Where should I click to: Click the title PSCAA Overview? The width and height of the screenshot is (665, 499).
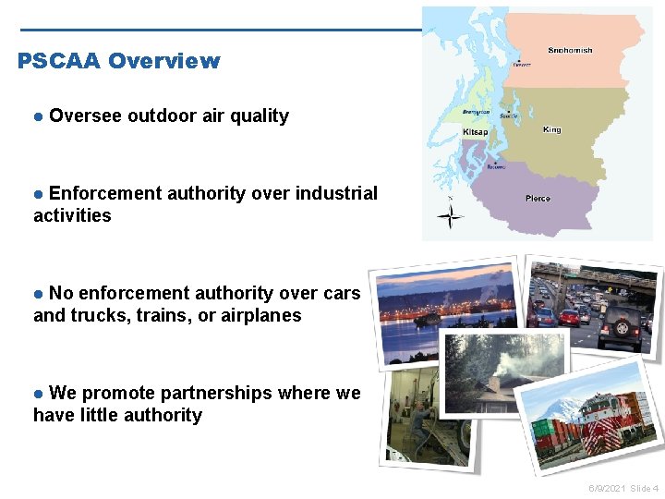pyautogui.click(x=118, y=61)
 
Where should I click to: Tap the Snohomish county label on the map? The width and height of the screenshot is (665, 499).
pyautogui.click(x=570, y=50)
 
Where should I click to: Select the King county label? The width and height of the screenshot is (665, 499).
pyautogui.click(x=551, y=130)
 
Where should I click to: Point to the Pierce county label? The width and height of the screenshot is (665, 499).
pyautogui.click(x=538, y=199)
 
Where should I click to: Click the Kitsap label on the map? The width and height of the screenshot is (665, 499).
pyautogui.click(x=475, y=132)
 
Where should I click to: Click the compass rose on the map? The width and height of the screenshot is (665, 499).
pyautogui.click(x=450, y=217)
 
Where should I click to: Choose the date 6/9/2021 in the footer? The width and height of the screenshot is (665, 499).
pyautogui.click(x=606, y=487)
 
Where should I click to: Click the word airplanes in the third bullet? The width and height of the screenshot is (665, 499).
pyautogui.click(x=262, y=315)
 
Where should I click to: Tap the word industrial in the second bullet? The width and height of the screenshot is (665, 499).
pyautogui.click(x=336, y=193)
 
